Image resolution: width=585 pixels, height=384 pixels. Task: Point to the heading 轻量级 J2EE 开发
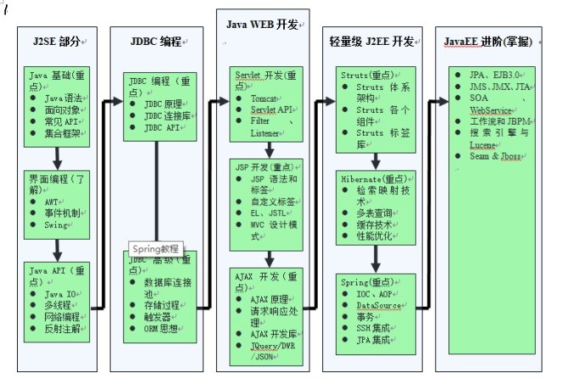tap(371, 41)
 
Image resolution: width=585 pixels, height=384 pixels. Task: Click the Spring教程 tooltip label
tap(156, 249)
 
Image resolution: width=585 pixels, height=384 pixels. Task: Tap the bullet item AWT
tap(53, 203)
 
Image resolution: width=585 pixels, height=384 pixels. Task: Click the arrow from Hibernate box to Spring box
tap(375, 261)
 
